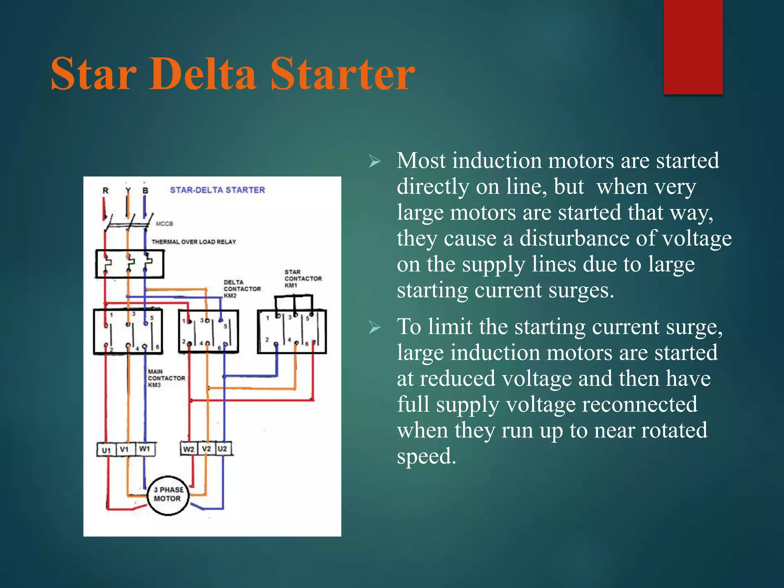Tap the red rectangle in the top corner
pyautogui.click(x=693, y=47)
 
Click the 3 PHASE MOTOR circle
pyautogui.click(x=168, y=495)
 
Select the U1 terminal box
pyautogui.click(x=106, y=450)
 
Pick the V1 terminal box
pyautogui.click(x=125, y=449)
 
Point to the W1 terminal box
pyautogui.click(x=145, y=449)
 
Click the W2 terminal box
pyautogui.click(x=189, y=449)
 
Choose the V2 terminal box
pyautogui.click(x=207, y=449)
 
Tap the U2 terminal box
pyautogui.click(x=223, y=449)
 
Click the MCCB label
pyautogui.click(x=165, y=224)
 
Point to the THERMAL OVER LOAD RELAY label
pyautogui.click(x=194, y=242)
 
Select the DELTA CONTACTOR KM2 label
pyautogui.click(x=242, y=289)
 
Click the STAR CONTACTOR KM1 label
pyautogui.click(x=303, y=279)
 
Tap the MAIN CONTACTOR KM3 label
pyautogui.click(x=166, y=378)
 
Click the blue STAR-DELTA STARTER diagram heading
pyautogui.click(x=217, y=190)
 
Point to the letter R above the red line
pyautogui.click(x=106, y=191)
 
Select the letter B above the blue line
pyautogui.click(x=145, y=191)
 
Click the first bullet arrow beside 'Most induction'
pyautogui.click(x=374, y=162)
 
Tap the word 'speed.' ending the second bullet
pyautogui.click(x=426, y=456)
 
